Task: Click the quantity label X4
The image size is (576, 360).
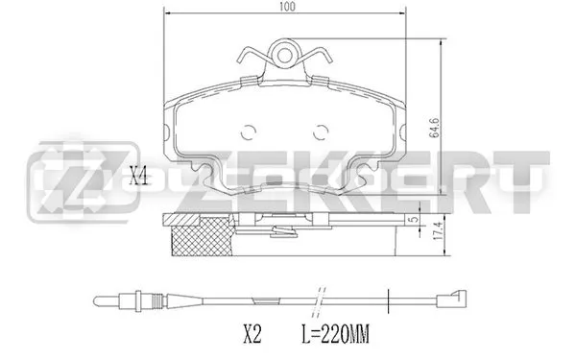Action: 140,176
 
